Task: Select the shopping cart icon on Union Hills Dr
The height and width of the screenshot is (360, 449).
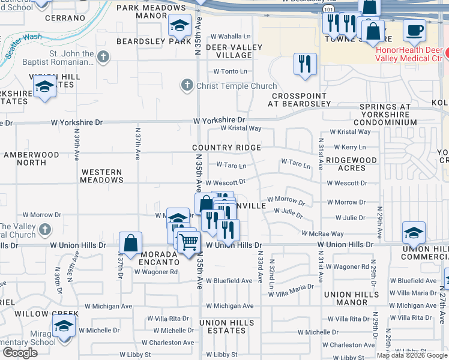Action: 188,241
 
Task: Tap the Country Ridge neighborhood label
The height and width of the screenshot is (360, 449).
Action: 226,148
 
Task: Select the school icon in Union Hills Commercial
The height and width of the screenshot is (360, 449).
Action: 414,233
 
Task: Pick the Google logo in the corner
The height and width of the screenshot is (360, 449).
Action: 19,353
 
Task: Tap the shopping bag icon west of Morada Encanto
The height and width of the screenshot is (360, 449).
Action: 130,243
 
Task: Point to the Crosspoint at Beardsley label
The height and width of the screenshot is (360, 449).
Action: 301,100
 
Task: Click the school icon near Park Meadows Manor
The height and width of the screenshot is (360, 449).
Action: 179,26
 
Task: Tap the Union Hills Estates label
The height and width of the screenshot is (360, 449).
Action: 226,326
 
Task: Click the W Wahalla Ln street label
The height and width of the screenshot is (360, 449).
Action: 229,37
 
